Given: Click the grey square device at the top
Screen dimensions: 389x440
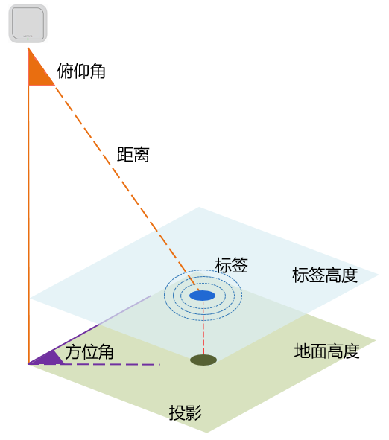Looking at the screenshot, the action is coord(28,24).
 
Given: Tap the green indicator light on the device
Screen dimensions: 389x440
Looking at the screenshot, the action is coord(28,39).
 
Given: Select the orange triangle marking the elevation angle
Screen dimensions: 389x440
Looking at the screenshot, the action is coord(39,70).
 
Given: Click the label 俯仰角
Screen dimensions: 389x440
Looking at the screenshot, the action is coord(81,71).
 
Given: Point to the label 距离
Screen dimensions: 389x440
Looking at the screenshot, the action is coord(133,154).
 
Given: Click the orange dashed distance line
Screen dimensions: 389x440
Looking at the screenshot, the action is coord(127,188).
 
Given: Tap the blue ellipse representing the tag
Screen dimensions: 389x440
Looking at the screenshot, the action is coord(202,296).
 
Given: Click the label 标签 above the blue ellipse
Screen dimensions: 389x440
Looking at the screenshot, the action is coord(232,265).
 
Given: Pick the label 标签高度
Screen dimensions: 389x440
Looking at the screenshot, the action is coord(325,275).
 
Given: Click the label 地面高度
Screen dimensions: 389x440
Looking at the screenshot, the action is coord(326,351).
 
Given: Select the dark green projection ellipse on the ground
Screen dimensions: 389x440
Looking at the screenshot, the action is coord(203,360).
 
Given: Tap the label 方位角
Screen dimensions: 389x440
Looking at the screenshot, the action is coord(89,352).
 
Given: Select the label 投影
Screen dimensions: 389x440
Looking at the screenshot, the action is coord(186,412).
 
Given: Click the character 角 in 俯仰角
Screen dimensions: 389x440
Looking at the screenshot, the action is coord(98,71).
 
